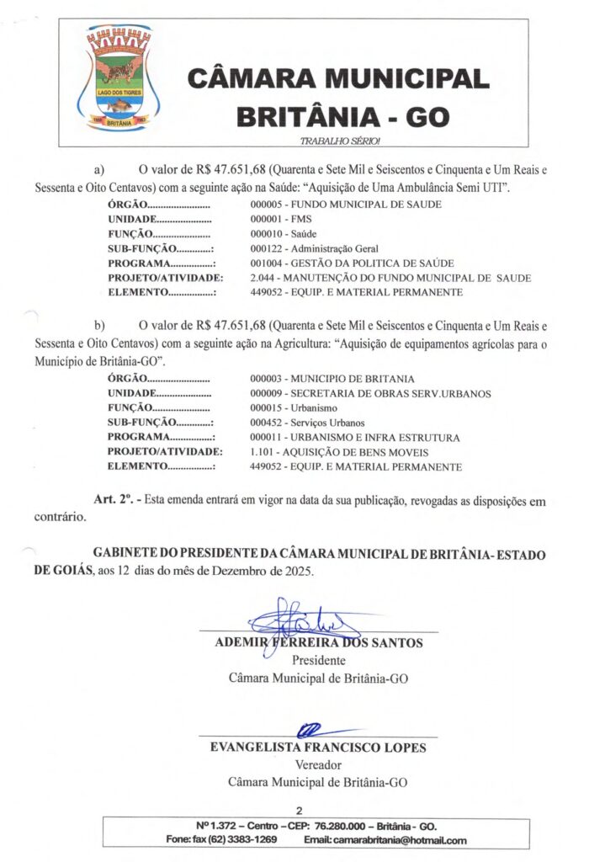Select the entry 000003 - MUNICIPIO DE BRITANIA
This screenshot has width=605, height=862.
point(332,379)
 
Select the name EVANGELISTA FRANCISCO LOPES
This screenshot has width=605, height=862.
point(318,748)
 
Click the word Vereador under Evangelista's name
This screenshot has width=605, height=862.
point(318,765)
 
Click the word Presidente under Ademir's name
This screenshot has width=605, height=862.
point(318,661)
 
